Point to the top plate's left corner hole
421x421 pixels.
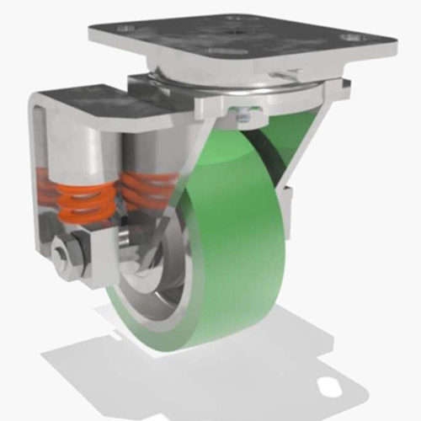coord(126,28)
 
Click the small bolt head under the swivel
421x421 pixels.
coord(239,115)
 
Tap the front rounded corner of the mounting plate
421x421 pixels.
coord(253,76)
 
